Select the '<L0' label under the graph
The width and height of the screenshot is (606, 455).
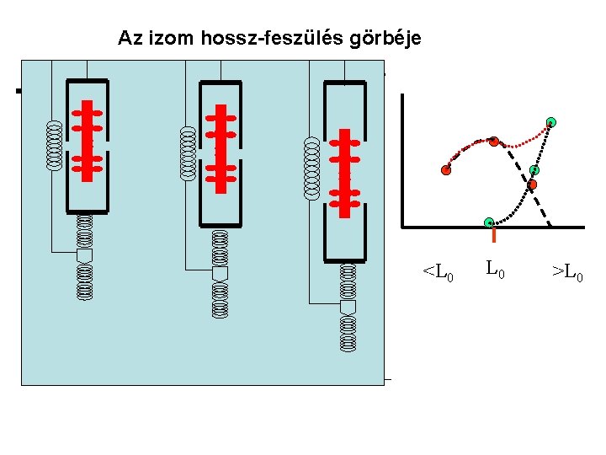(438, 273)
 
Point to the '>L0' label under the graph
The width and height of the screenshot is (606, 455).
(567, 273)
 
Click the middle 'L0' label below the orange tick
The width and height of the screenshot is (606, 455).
(495, 270)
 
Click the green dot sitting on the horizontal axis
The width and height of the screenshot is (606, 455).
(489, 222)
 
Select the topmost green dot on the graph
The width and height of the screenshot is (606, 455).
(550, 122)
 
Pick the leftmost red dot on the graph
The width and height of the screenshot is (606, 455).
(445, 170)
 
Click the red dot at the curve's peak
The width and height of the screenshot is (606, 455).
(494, 141)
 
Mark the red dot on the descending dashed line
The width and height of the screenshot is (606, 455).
(532, 184)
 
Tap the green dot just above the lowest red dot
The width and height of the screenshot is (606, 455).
(534, 170)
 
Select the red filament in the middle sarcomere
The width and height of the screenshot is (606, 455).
(221, 149)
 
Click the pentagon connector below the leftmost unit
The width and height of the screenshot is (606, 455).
(84, 254)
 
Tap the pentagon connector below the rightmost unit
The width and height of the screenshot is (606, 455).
(348, 307)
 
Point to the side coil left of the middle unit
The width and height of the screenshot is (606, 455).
(188, 153)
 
